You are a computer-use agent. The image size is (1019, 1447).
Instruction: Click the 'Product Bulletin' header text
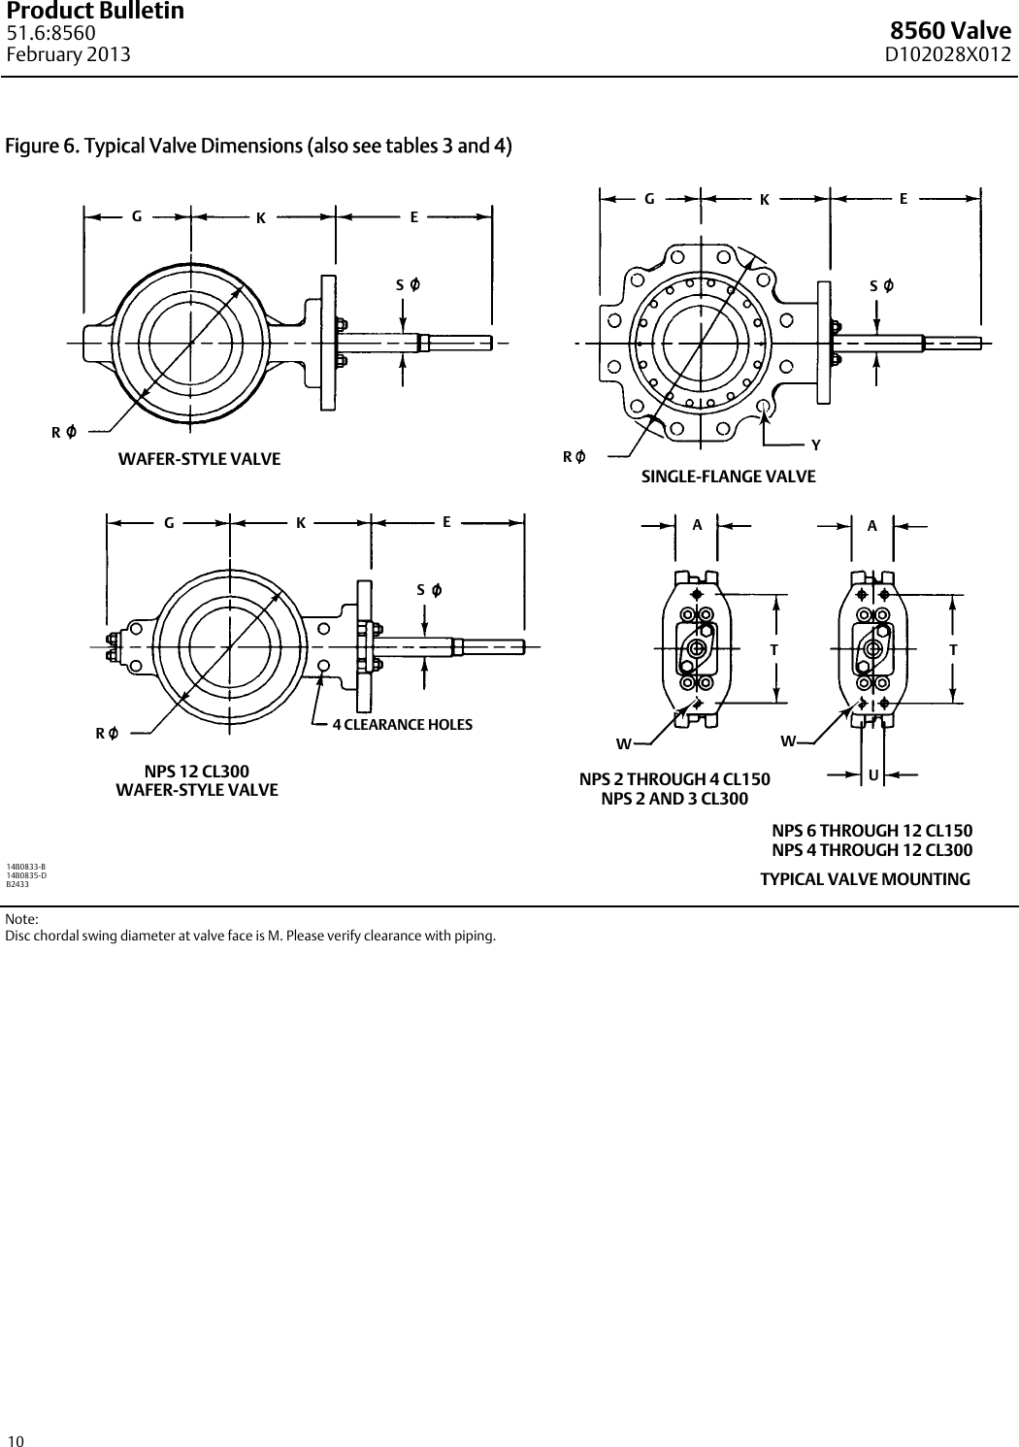[95, 12]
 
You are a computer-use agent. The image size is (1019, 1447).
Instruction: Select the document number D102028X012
[947, 54]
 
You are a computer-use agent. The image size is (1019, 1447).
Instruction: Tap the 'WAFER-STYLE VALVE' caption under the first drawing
[199, 459]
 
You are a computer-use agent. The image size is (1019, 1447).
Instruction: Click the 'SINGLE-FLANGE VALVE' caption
[728, 477]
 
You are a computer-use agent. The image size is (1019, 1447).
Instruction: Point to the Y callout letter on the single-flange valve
[816, 444]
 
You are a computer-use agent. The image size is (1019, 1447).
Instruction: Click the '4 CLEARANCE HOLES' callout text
[403, 725]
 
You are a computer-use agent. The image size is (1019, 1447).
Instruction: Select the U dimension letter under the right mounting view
[873, 775]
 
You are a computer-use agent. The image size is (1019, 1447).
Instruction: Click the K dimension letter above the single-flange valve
[765, 200]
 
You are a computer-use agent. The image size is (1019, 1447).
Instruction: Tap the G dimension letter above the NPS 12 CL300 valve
[169, 522]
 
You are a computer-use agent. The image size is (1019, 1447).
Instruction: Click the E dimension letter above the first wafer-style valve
[414, 217]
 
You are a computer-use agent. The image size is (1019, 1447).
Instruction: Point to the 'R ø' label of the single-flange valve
[574, 456]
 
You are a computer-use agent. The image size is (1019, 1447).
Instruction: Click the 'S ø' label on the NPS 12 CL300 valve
[429, 589]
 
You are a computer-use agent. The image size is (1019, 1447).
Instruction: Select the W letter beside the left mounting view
[623, 744]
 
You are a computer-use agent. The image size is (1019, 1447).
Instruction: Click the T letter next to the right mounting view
[953, 649]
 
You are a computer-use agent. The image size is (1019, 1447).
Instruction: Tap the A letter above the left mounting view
[697, 525]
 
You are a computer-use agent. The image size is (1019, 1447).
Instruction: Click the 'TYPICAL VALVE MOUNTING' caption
[864, 879]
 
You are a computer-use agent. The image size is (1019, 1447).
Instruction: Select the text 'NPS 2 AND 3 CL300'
[674, 799]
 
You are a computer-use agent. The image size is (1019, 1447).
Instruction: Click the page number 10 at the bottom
[15, 1440]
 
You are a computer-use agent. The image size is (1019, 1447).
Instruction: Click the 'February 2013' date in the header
[68, 54]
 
